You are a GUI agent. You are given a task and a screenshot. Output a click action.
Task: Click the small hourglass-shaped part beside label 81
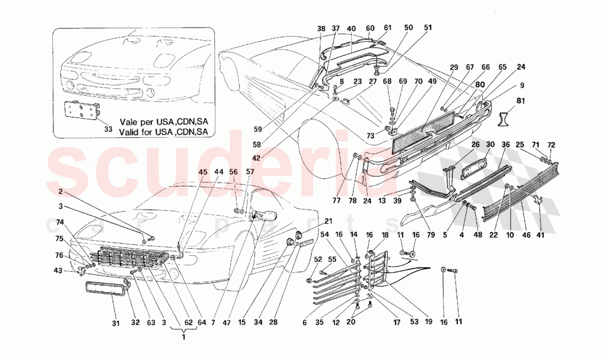click(x=505, y=118)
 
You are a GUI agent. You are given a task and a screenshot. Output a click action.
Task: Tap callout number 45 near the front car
click(x=203, y=171)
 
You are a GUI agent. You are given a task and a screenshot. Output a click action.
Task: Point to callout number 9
click(x=521, y=85)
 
